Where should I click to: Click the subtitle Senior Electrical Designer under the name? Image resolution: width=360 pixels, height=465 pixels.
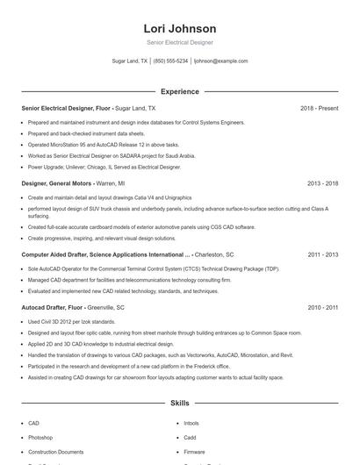(x=179, y=42)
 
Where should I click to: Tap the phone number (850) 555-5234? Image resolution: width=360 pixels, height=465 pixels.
(x=170, y=61)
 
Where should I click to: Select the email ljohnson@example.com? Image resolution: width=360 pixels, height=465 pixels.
(x=220, y=61)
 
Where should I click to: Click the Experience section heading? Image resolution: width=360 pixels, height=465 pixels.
(x=179, y=91)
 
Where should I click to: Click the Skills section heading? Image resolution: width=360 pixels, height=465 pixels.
(x=179, y=404)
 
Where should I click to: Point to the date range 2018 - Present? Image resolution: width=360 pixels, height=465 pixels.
(x=319, y=108)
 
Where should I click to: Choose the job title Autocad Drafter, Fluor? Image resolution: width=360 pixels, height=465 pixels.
(x=53, y=308)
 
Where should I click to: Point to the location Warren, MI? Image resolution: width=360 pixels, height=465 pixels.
(x=110, y=184)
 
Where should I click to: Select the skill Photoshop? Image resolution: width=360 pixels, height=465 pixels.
(x=40, y=437)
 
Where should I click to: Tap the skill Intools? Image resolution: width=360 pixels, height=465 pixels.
(x=191, y=423)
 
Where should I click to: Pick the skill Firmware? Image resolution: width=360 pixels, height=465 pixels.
(x=194, y=451)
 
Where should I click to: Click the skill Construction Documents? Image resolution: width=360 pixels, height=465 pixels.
(x=55, y=451)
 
